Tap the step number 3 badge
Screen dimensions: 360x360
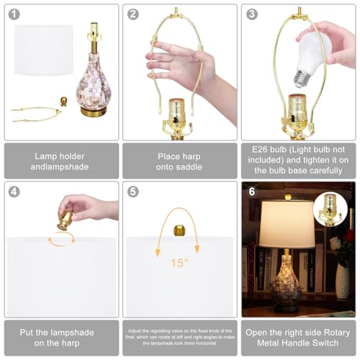252,14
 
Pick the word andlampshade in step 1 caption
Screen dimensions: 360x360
61,166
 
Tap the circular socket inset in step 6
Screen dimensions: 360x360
331,208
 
